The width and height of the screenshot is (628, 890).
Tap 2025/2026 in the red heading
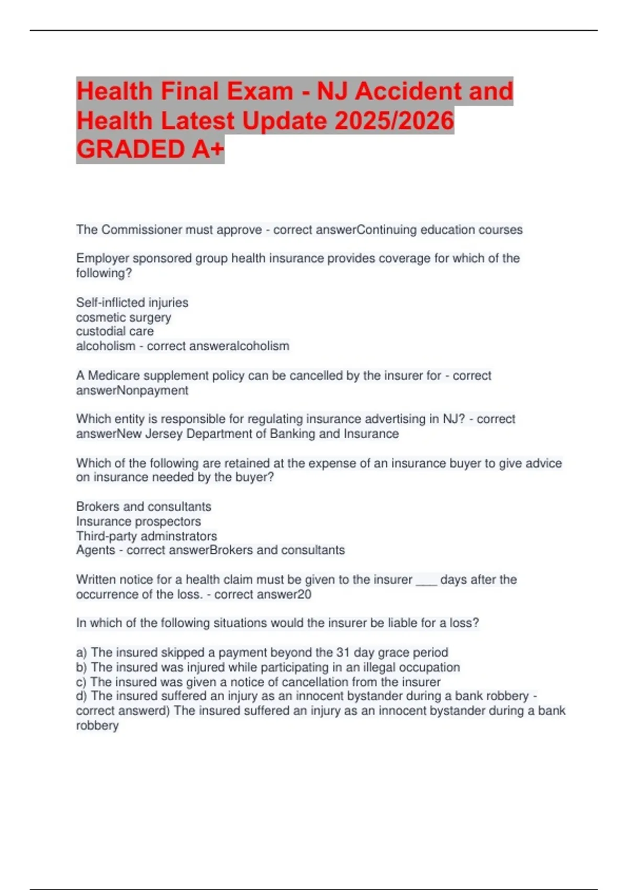point(394,120)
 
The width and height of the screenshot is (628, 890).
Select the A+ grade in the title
point(208,149)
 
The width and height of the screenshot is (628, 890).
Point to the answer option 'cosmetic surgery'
point(124,317)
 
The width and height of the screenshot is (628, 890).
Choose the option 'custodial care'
point(115,331)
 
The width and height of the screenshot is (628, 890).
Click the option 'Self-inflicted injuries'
point(132,303)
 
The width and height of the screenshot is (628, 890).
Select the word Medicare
point(114,376)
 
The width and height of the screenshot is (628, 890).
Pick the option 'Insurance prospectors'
point(138,521)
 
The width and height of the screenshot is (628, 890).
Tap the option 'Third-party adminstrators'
point(146,536)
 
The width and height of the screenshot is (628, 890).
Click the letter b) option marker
point(82,667)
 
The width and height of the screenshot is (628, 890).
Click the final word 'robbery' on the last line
point(97,726)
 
